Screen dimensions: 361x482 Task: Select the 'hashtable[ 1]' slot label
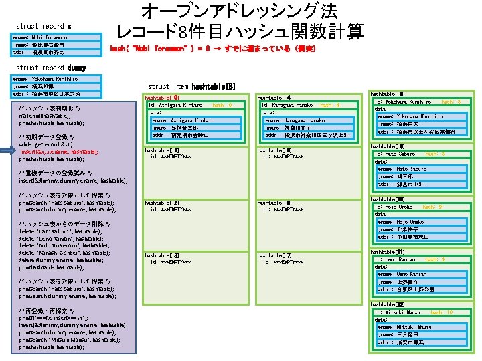(x=161, y=150)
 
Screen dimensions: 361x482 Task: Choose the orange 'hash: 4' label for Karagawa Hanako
(x=330, y=106)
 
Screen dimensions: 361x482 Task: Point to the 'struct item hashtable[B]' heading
(x=191, y=86)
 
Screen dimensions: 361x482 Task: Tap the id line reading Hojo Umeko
(x=394, y=207)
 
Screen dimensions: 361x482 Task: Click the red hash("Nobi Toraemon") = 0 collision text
(x=212, y=49)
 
